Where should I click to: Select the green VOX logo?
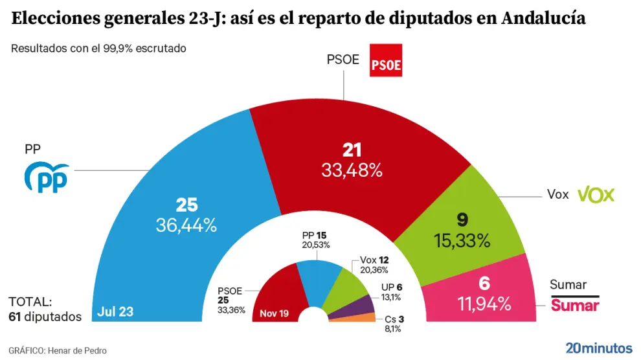point(595,194)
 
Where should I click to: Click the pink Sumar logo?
point(574,305)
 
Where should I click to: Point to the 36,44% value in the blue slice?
point(186,225)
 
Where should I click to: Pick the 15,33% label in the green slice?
point(461,240)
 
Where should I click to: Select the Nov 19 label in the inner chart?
point(274,313)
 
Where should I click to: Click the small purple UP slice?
point(363,304)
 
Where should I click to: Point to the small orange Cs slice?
point(365,317)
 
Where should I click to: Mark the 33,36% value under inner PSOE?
point(232,309)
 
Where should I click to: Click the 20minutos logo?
point(599,347)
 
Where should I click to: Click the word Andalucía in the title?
point(544,19)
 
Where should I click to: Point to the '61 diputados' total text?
point(45,317)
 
